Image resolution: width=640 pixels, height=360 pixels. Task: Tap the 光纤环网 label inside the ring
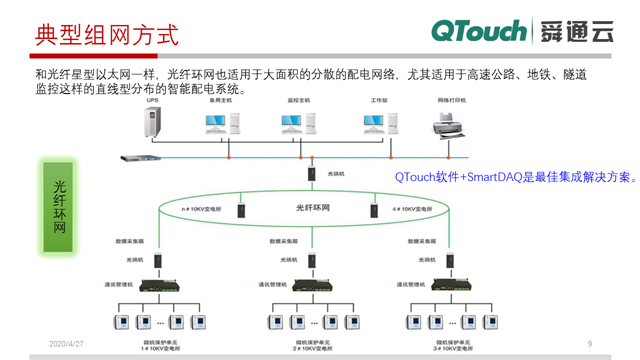coord(313,208)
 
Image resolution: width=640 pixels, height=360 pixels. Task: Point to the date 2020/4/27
coord(66,344)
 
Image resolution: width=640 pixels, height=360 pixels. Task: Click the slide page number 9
coord(590,344)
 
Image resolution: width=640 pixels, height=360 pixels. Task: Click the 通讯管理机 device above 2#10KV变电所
coord(313,290)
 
